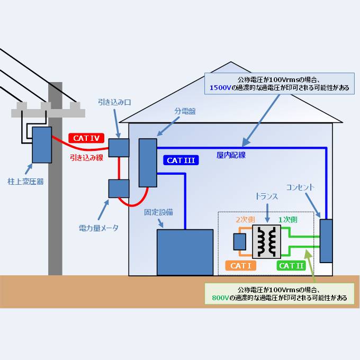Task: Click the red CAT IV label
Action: (86, 138)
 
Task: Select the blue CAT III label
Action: (181, 160)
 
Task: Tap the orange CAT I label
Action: (241, 266)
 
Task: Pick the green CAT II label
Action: (292, 266)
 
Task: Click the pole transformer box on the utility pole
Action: (42, 145)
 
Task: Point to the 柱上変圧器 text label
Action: (25, 181)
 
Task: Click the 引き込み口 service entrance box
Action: (119, 147)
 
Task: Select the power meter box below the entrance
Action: (119, 188)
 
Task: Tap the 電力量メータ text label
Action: (98, 228)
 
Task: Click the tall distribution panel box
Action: (148, 163)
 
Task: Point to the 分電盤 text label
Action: (185, 112)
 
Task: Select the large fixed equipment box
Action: (184, 252)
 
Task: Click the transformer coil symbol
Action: (266, 241)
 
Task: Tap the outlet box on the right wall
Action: (326, 241)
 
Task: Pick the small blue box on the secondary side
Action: (240, 241)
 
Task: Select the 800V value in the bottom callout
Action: (220, 298)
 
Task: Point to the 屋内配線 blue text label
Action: (231, 155)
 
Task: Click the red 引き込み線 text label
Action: (87, 157)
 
